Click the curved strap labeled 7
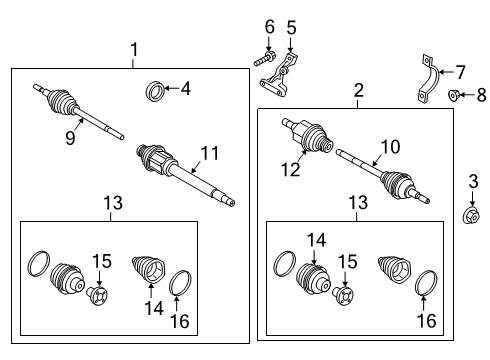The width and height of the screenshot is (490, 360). (424, 83)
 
